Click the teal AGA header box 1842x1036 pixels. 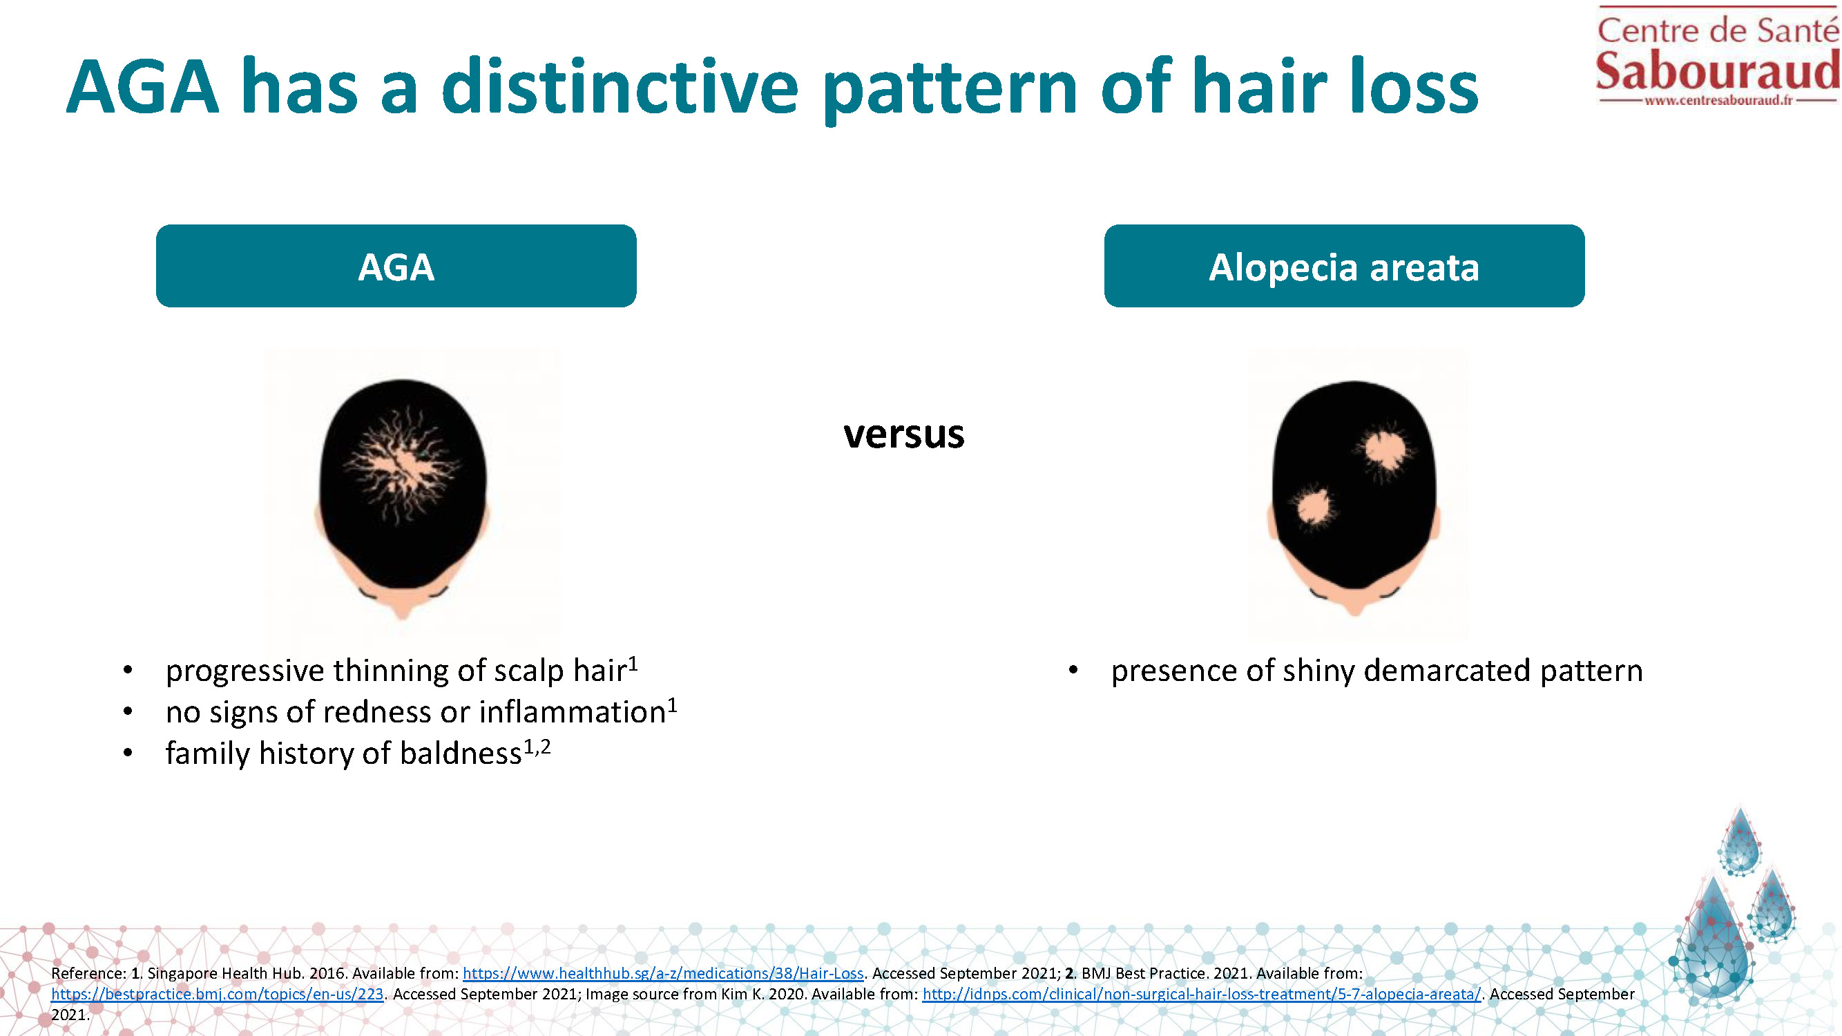pyautogui.click(x=396, y=266)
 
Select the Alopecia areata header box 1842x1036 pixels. pyautogui.click(x=1343, y=266)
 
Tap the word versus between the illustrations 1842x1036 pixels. pyautogui.click(x=904, y=434)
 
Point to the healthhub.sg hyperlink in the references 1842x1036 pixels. pyautogui.click(x=663, y=973)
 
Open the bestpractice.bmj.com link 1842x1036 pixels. pyautogui.click(x=218, y=994)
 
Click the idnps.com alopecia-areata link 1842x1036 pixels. pyautogui.click(x=1201, y=994)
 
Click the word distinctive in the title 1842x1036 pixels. pyautogui.click(x=620, y=87)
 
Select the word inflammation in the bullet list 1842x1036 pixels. pyautogui.click(x=572, y=712)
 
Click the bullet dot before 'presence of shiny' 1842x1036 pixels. pyautogui.click(x=1073, y=670)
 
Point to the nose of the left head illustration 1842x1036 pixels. pyautogui.click(x=402, y=611)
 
